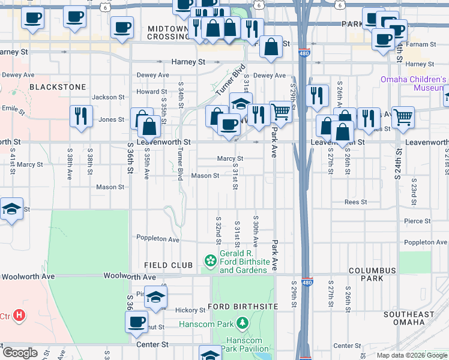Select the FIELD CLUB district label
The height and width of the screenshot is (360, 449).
[168, 265]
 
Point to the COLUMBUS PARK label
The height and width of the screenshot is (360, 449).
[372, 275]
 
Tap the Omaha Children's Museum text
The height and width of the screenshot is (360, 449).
[413, 83]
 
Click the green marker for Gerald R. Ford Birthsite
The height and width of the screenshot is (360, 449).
[211, 260]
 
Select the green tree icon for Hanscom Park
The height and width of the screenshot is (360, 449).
[242, 324]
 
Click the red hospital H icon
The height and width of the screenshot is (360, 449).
[20, 314]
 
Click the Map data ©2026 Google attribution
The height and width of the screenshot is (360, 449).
[412, 355]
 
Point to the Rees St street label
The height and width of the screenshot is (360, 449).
[355, 202]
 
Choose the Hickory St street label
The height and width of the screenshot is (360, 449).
[191, 310]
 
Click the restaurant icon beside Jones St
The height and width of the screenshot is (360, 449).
[80, 116]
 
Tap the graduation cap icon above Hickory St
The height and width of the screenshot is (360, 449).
[155, 297]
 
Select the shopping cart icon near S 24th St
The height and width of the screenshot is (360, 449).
[403, 116]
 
